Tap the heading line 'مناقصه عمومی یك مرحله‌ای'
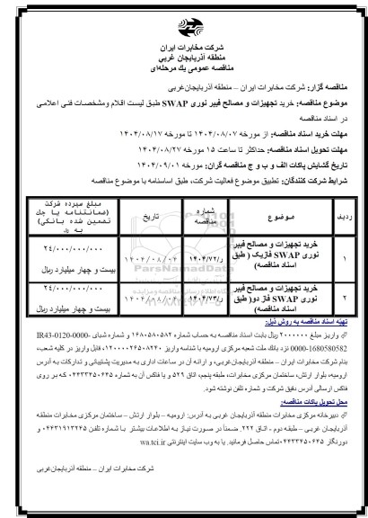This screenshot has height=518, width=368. click(x=183, y=57)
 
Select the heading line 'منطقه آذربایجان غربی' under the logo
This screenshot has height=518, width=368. click(x=183, y=45)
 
